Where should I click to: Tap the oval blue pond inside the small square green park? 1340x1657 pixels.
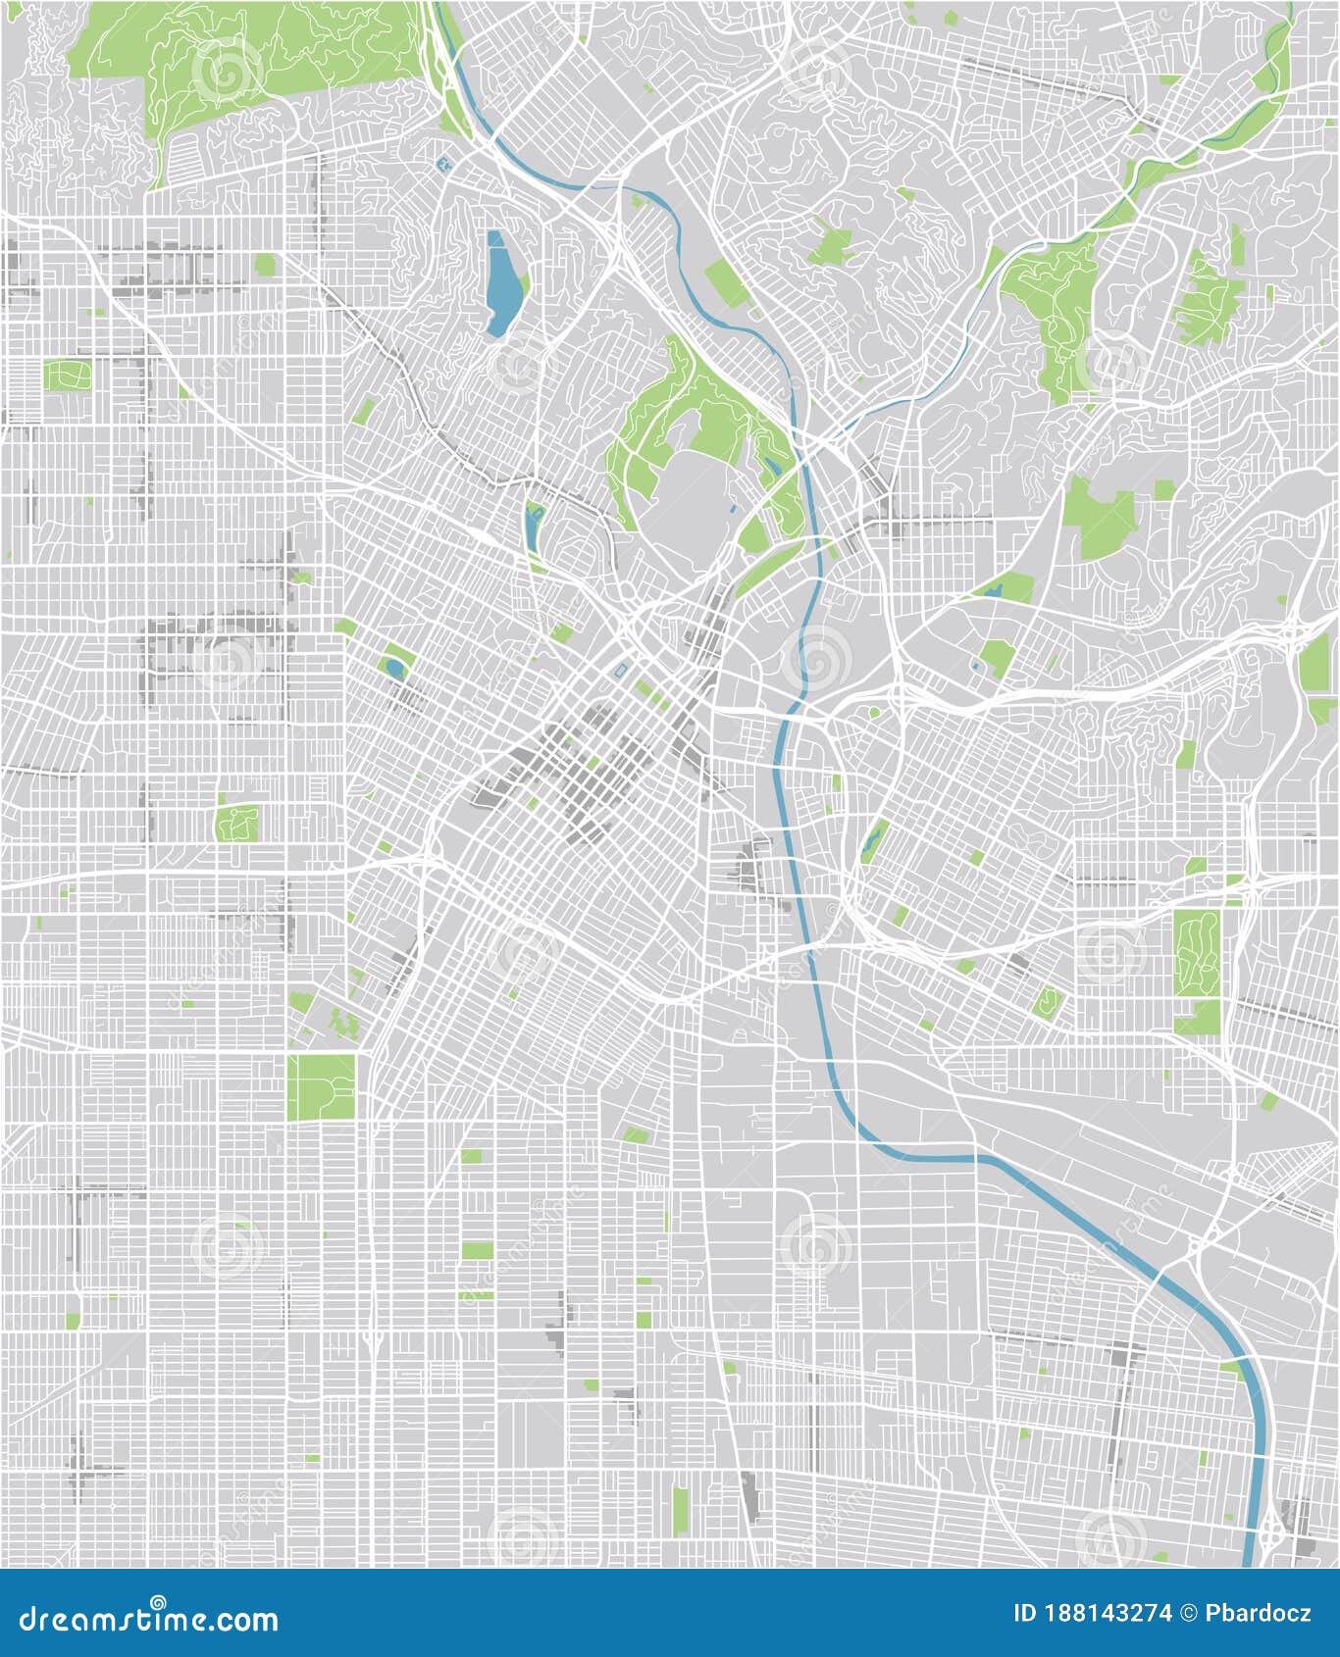tap(394, 668)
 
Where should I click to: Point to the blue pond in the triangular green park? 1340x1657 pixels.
tap(994, 591)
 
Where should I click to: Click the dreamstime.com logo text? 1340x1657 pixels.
tap(149, 1619)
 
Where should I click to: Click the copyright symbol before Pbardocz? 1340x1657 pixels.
tap(1190, 1614)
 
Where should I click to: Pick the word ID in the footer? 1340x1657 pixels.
tap(1025, 1614)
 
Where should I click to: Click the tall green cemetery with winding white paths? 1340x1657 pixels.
tap(1197, 950)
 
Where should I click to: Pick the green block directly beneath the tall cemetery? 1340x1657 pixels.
tap(1197, 1016)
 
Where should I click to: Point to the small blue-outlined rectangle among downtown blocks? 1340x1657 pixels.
tap(621, 670)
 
